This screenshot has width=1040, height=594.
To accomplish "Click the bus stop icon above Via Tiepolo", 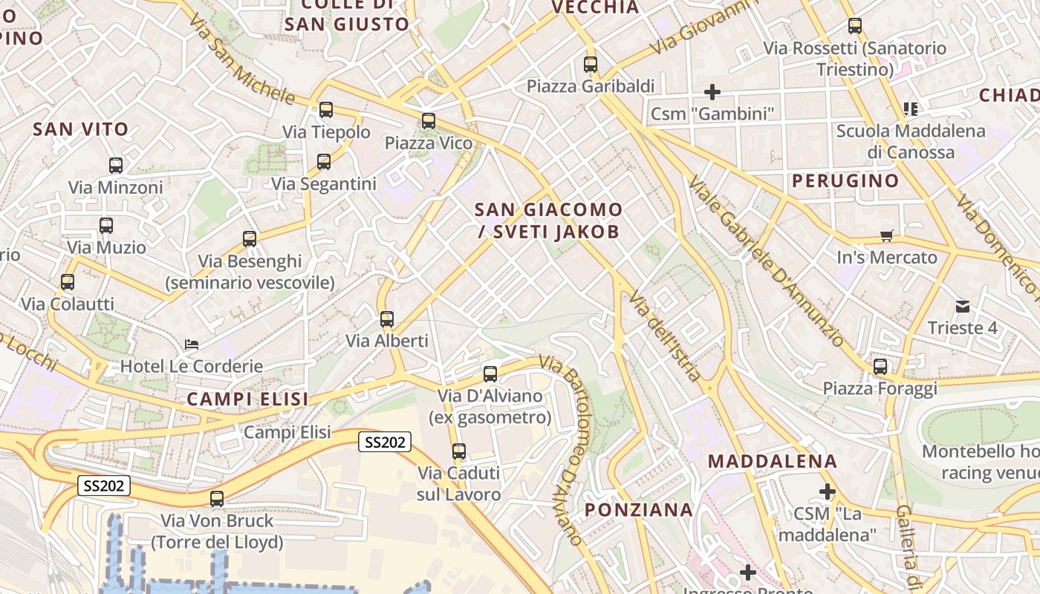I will coord(325,110).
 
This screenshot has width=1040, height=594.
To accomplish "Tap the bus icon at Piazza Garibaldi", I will coord(591,64).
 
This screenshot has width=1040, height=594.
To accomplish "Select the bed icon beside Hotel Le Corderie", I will coord(192,345).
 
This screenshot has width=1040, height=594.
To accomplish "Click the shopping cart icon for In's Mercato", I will coord(886,236).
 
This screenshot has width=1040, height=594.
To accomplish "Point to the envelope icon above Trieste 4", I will coord(963,306).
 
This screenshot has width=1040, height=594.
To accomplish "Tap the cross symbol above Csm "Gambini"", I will coord(712,92).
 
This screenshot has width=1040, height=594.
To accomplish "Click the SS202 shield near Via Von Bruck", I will coord(104,486).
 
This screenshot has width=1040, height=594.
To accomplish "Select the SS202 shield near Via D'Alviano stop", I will coord(385,442).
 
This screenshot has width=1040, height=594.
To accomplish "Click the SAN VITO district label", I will coord(81,129).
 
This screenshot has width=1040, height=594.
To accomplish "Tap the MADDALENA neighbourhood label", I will coord(773,461).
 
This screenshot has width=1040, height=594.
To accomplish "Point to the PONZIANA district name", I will coord(639,510).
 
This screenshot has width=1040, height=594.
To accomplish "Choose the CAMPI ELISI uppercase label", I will coord(247,399).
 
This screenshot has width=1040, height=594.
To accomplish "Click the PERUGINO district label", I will coord(845,180).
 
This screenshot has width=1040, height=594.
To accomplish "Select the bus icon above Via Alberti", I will coord(387,319).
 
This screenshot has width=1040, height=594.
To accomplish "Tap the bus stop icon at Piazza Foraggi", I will coord(880,366).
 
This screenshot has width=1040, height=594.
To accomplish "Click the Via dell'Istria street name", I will coord(665,336).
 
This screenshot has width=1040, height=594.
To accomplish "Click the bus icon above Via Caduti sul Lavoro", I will coord(459,451).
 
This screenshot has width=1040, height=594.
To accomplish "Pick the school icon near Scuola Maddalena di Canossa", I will coord(911,109).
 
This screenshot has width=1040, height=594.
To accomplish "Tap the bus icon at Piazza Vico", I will coord(429,120).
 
